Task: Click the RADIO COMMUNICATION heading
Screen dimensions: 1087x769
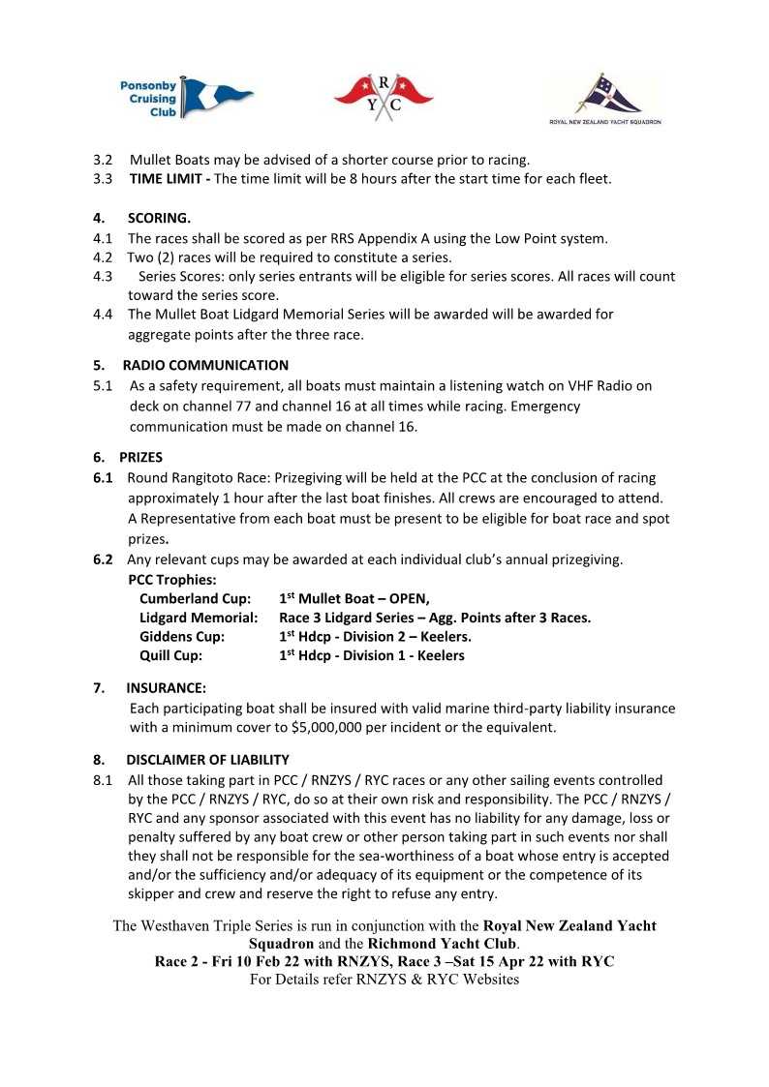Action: [205, 365]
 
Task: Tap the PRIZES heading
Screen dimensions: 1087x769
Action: [141, 456]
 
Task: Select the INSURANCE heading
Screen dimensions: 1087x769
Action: [166, 688]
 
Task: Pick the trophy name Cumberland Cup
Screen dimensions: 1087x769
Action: [195, 598]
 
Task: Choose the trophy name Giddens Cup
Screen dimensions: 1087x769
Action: [182, 636]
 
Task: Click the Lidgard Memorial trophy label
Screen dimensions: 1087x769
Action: [199, 618]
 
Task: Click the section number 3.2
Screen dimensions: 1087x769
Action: [103, 160]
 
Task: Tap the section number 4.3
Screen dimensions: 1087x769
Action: [103, 277]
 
